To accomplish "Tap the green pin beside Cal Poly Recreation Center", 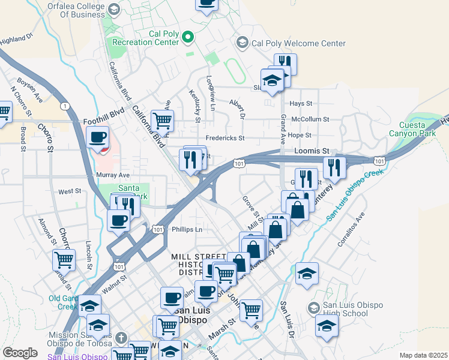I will tap(188, 38).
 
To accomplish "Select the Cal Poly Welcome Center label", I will tap(298, 43).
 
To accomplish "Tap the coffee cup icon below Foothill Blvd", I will tap(97, 137).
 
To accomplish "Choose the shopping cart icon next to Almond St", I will tap(64, 260).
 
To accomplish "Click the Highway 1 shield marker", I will tap(64, 106).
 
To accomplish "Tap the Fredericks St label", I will tap(225, 138).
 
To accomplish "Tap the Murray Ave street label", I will tap(113, 175).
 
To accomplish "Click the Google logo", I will tap(20, 353).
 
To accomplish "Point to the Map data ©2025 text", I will tap(423, 355).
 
